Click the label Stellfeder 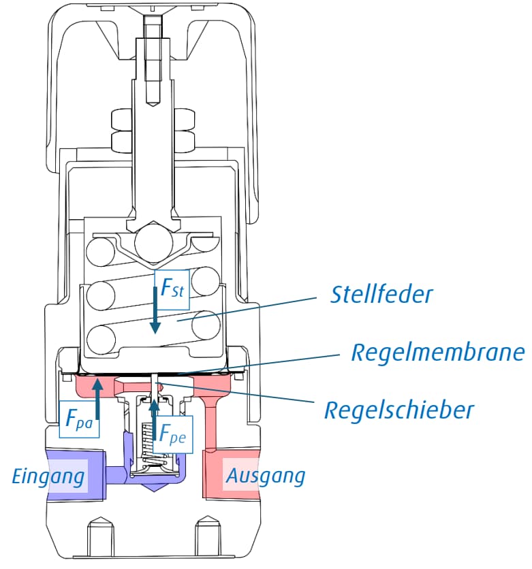[x=382, y=295]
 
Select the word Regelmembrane [x=437, y=353]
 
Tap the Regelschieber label [x=398, y=410]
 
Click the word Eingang [x=50, y=475]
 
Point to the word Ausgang [x=266, y=475]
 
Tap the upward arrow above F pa [x=98, y=398]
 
